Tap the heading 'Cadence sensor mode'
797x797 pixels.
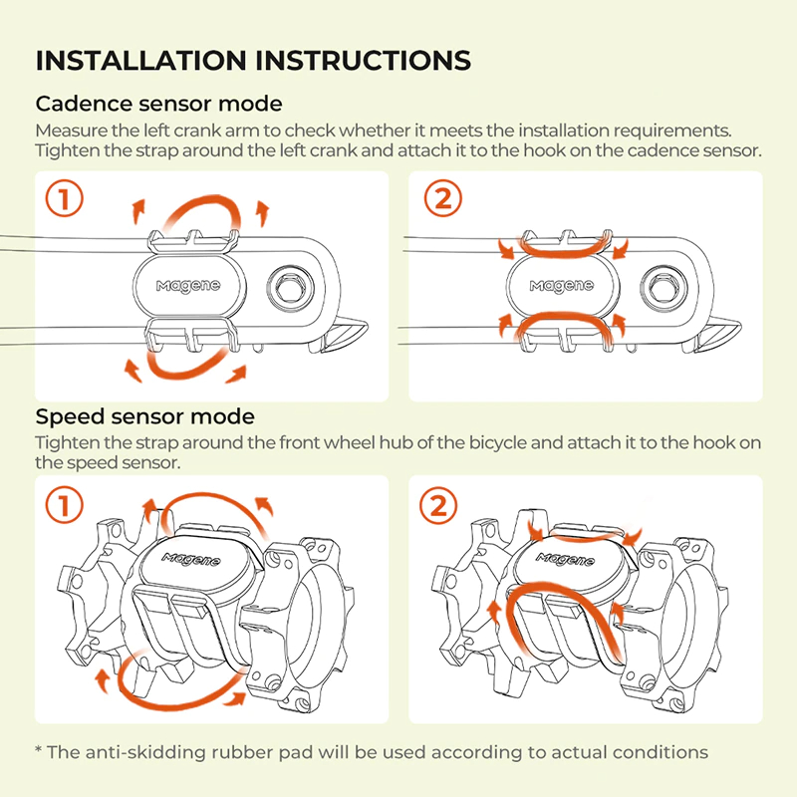pos(158,104)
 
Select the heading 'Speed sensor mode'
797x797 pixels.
pos(144,415)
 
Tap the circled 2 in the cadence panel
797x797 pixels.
pos(443,199)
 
